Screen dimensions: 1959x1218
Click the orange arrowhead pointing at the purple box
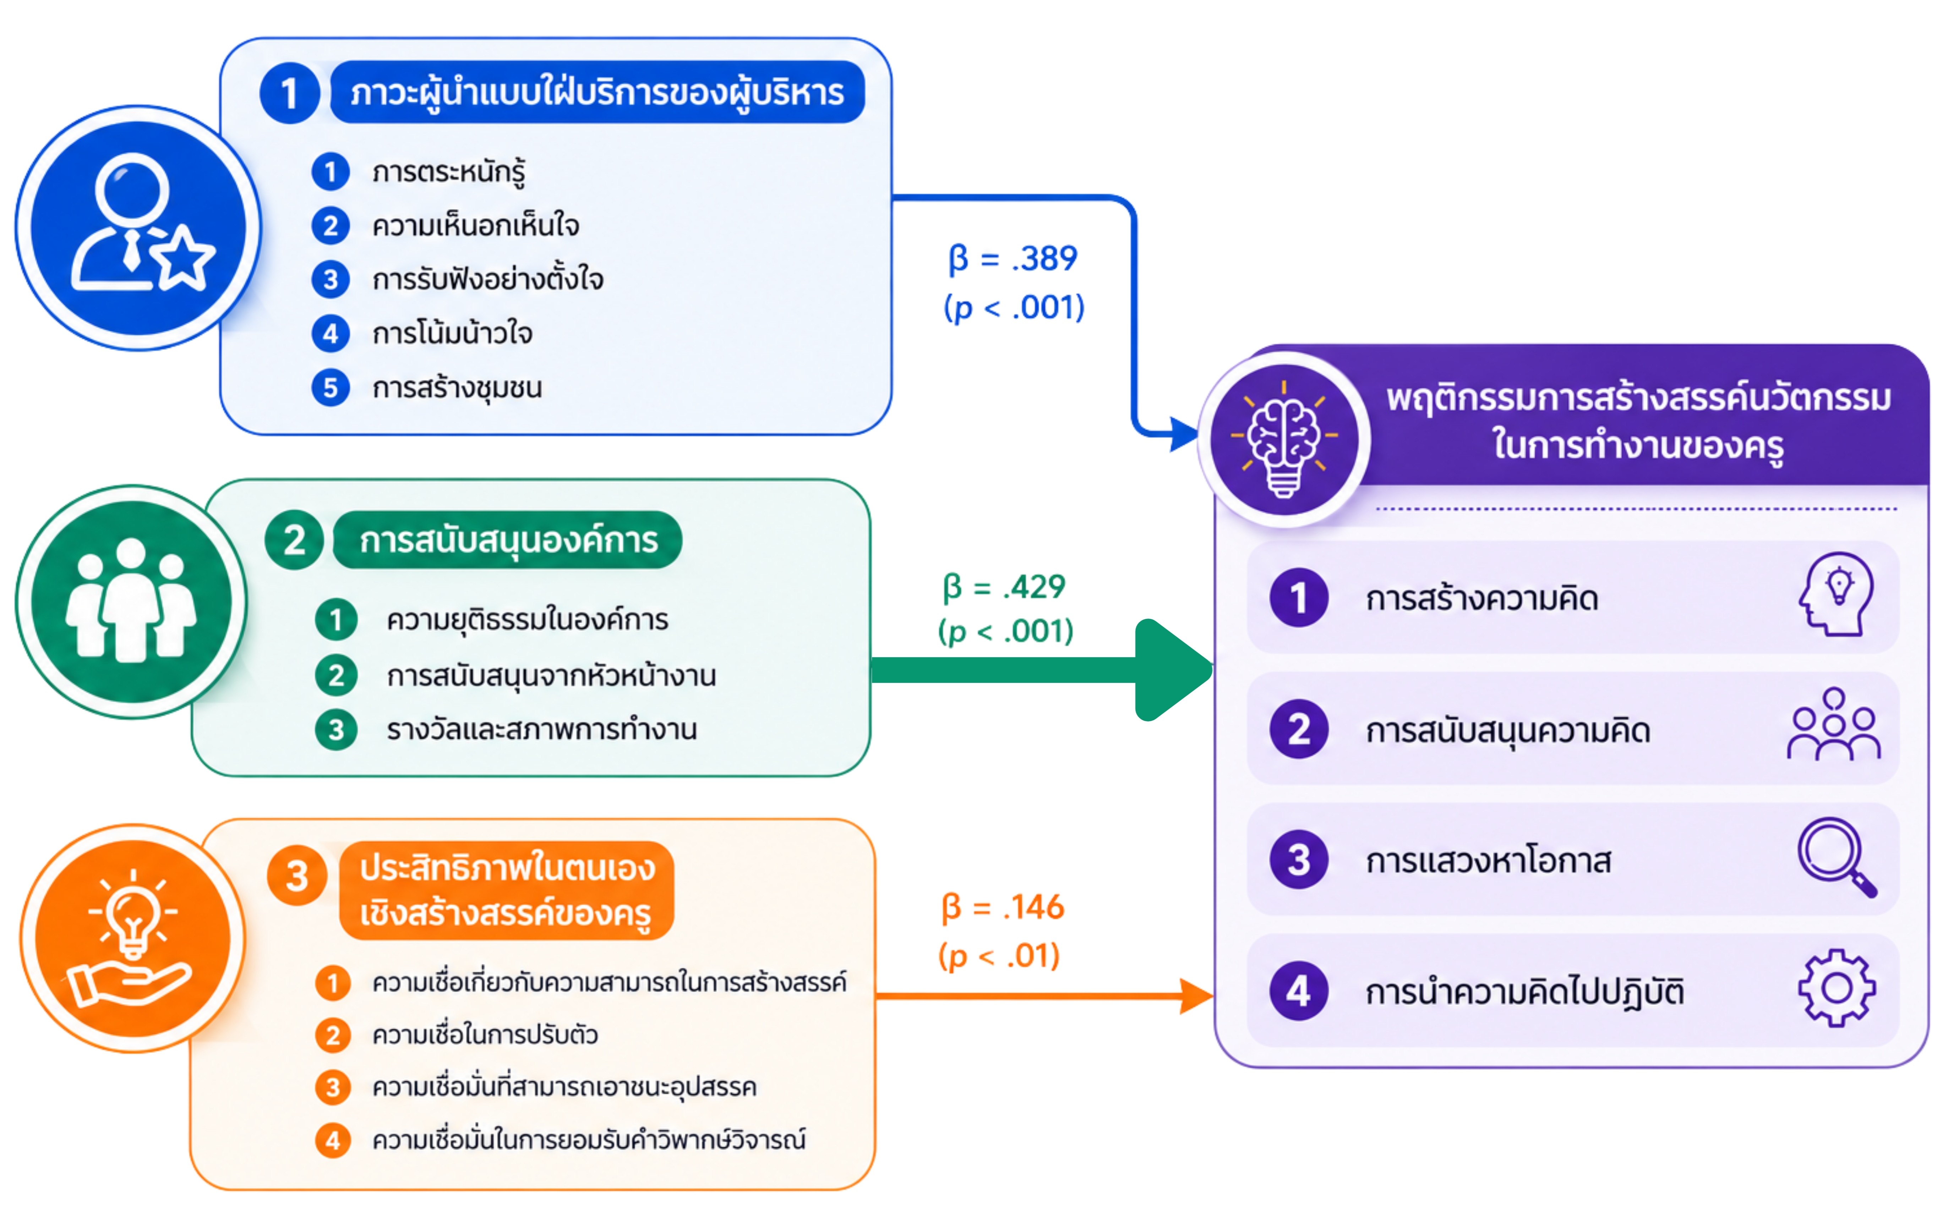coord(1196,997)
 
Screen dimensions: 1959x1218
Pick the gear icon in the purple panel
coord(1837,988)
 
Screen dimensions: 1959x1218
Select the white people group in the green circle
coord(131,600)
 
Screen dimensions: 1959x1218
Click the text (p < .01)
coord(999,956)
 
